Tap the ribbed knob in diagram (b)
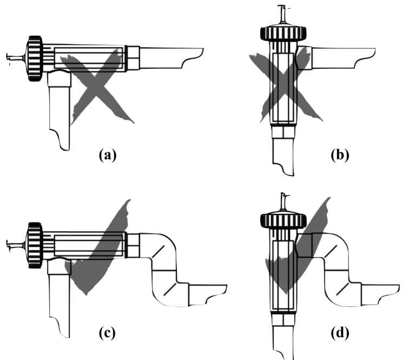coord(284,33)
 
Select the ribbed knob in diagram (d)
coord(284,220)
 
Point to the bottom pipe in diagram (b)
coord(282,157)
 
